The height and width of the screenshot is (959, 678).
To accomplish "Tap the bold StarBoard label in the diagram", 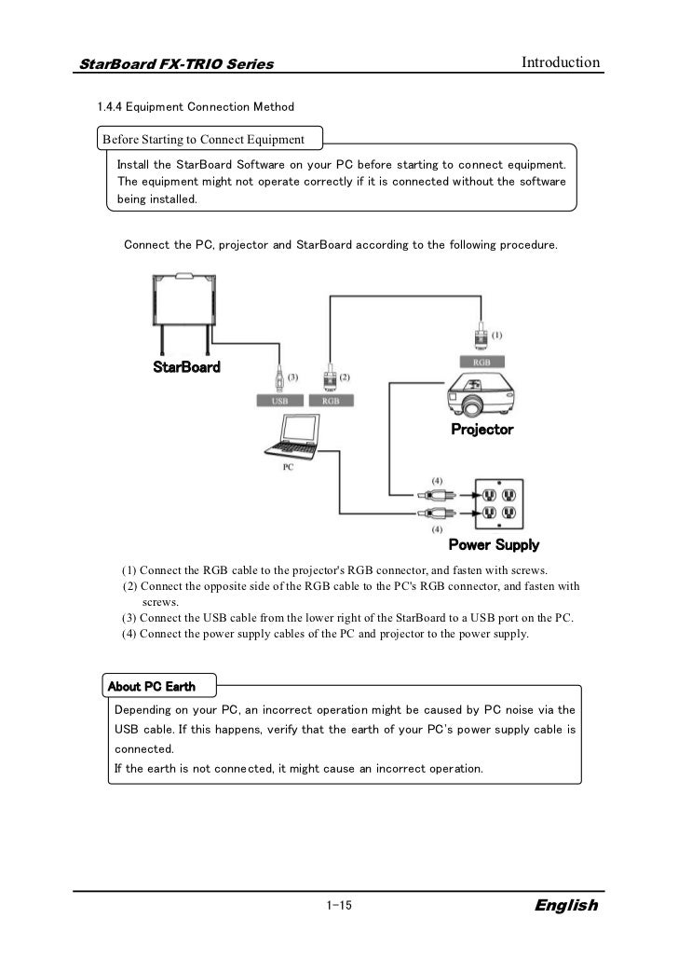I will click(x=186, y=366).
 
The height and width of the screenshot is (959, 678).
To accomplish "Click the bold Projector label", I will click(x=481, y=430).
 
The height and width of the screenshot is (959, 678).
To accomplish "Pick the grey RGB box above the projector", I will click(x=481, y=361).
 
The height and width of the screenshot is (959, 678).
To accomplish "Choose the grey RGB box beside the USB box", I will click(x=331, y=400).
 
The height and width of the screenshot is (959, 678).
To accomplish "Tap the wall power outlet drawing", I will click(x=495, y=502).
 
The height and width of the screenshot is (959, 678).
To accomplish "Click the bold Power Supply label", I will click(x=494, y=544).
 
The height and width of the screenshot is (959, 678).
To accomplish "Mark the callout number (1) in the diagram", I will click(x=496, y=334).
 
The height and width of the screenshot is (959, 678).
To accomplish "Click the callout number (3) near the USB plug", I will click(x=292, y=377).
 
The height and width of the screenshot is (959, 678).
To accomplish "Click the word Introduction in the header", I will click(x=561, y=62).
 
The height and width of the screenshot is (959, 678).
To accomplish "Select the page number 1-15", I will click(x=338, y=906).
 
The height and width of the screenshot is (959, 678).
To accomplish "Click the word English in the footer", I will click(x=566, y=906).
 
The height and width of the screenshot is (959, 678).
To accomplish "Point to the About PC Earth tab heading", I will click(x=152, y=687).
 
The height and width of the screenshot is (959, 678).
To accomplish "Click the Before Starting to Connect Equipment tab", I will click(x=204, y=140).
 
